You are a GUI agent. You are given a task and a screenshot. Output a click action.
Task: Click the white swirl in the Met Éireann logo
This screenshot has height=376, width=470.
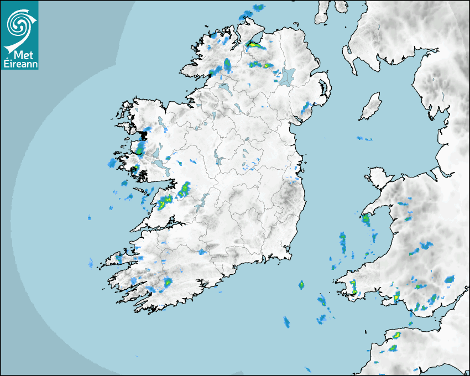19,23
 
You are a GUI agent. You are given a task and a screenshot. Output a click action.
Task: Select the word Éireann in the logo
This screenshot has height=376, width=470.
19,64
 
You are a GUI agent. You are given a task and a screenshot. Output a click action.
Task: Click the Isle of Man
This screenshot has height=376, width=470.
370,107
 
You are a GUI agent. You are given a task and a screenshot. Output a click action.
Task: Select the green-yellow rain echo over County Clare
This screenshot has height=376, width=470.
165,202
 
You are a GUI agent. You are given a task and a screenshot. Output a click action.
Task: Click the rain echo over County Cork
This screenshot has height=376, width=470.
167,283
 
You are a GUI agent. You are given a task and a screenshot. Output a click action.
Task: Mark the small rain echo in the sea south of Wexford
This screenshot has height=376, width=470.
301,285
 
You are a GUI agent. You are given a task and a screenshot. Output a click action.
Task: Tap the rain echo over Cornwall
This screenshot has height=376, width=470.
394,348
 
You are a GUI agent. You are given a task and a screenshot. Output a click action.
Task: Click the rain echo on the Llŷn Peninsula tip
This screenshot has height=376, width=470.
366,220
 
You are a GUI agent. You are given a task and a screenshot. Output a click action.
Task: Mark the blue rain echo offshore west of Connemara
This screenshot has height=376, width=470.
112,163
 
